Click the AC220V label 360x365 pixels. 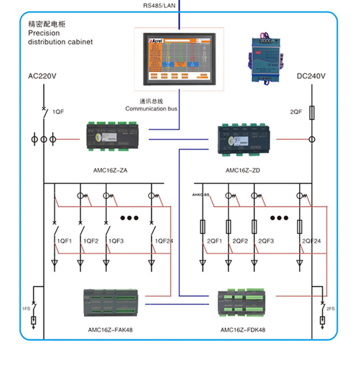pos(42,76)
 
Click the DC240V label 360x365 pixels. pos(311,76)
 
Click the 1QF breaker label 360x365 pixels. pos(58,112)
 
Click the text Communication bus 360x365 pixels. pos(151,109)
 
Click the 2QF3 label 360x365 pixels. pos(266,241)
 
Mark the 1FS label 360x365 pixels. pos(26,309)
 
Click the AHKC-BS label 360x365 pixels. pos(200,195)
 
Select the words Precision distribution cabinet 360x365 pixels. pos(60,37)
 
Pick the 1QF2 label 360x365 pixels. pos(90,241)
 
